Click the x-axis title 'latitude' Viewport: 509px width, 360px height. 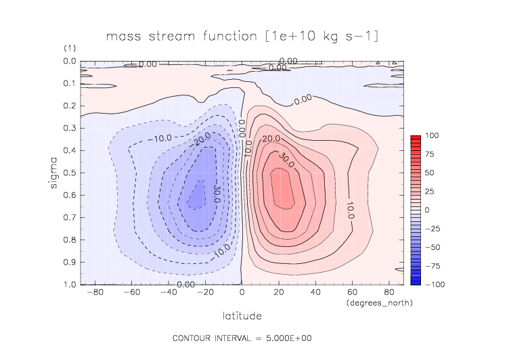pyautogui.click(x=242, y=315)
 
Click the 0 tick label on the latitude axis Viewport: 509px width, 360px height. pyautogui.click(x=242, y=293)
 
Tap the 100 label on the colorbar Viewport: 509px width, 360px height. pyautogui.click(x=431, y=136)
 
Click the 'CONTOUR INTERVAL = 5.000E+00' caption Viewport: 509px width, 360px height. pyautogui.click(x=242, y=338)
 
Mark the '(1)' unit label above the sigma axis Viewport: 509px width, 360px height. pyautogui.click(x=70, y=49)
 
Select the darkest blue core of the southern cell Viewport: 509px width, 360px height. pyautogui.click(x=196, y=196)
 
